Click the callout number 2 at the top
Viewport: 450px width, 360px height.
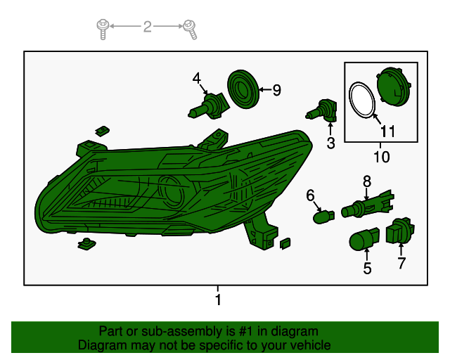(147, 27)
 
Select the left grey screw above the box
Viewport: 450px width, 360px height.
(103, 30)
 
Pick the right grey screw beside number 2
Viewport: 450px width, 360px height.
(191, 30)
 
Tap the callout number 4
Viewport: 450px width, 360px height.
(197, 78)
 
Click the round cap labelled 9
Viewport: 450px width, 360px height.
(243, 89)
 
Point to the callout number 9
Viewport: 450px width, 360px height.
(276, 90)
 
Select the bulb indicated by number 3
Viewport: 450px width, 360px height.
(321, 110)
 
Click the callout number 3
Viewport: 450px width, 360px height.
(331, 143)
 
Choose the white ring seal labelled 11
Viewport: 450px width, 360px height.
(362, 100)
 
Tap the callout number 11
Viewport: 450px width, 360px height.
(387, 131)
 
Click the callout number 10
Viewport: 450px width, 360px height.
(381, 157)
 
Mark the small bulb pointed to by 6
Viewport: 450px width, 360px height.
(323, 217)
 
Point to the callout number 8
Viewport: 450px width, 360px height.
(367, 181)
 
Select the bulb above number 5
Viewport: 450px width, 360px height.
(364, 239)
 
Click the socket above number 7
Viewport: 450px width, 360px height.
(400, 231)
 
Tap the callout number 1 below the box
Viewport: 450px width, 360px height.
(218, 300)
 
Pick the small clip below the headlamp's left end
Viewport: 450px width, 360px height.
(86, 244)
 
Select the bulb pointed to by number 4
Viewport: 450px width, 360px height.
(209, 106)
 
